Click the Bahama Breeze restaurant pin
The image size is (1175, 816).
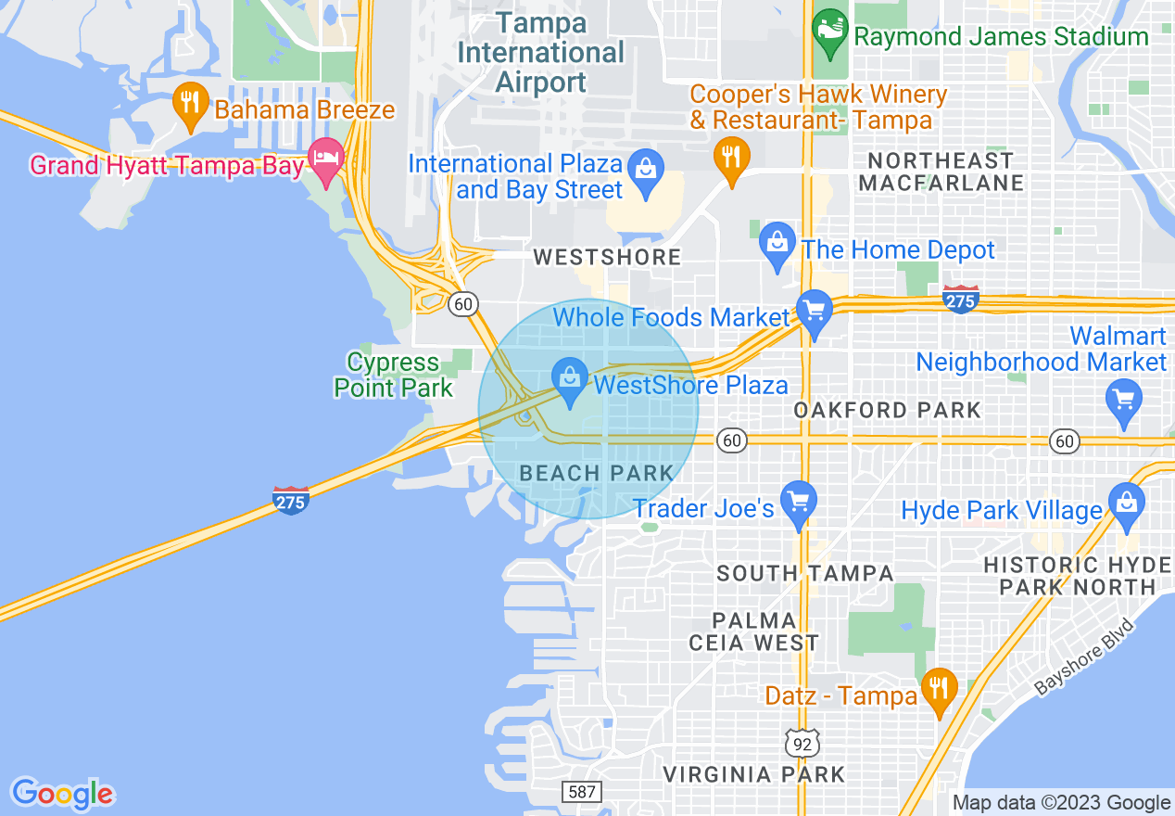pos(190,105)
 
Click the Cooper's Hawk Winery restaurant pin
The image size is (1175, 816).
pos(731,159)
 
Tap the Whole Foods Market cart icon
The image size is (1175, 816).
pos(814,312)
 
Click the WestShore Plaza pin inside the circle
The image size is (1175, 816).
pos(569,380)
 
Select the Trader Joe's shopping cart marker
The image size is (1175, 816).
pos(798,503)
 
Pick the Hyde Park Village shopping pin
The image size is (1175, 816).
pos(1126,505)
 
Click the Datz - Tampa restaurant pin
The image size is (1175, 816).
pos(940,690)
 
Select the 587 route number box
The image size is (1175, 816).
pos(581,791)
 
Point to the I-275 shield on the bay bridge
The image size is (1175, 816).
pos(290,500)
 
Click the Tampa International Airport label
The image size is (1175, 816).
pos(541,53)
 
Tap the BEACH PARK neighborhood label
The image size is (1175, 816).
pos(597,473)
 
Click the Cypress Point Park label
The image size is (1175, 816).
pos(394,375)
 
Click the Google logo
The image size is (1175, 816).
pos(62,795)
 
